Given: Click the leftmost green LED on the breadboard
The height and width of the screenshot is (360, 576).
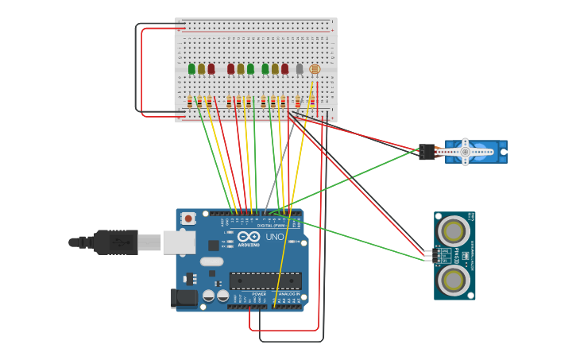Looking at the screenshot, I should pos(191,69).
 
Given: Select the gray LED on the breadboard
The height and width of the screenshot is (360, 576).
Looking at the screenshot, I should pos(300,69).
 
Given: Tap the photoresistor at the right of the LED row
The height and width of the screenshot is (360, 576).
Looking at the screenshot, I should pos(314,69).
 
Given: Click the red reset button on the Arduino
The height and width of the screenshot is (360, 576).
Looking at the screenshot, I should pos(188,219).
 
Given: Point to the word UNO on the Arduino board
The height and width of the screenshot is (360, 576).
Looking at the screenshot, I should pos(274,237).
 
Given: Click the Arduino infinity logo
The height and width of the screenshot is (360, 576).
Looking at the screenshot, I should pos(249,237).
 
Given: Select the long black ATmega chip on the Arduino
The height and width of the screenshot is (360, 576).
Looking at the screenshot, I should pos(265,281).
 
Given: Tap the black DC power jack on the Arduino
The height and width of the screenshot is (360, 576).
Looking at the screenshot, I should pos(184,298).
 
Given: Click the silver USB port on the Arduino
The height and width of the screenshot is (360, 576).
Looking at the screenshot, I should pos(179,242).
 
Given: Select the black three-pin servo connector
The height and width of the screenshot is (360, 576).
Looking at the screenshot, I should pos(427,151).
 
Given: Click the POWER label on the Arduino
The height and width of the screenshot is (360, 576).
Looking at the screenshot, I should pos(259,294).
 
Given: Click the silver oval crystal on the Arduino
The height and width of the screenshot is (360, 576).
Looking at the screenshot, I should pos(211,261).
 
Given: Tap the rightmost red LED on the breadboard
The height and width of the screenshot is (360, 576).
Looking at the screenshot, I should pos(284,69).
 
